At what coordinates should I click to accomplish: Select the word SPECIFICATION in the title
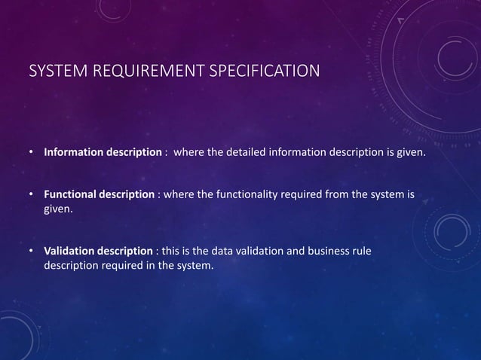click(x=257, y=72)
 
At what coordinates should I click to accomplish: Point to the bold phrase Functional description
click(x=99, y=194)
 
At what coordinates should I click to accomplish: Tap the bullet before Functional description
click(x=32, y=194)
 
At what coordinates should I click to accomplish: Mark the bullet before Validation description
click(x=32, y=251)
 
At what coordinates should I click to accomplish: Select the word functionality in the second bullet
click(x=245, y=194)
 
